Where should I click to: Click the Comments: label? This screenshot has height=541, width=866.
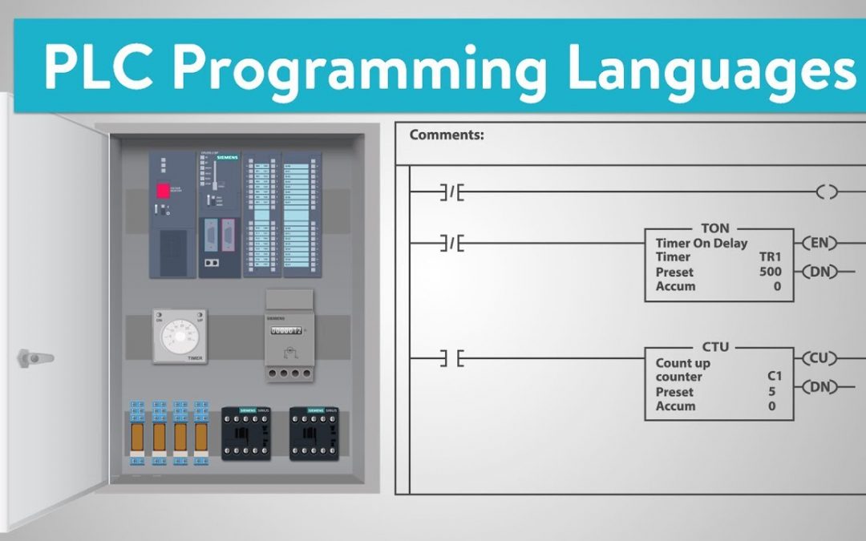click(447, 135)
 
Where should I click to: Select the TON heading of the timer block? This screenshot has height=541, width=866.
click(715, 228)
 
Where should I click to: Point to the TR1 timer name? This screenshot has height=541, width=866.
click(770, 257)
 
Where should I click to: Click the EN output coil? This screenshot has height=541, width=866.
click(818, 243)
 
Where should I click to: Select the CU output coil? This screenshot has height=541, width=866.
click(818, 357)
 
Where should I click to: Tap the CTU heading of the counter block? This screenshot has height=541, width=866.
click(715, 347)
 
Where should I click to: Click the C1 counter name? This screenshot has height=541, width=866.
click(774, 377)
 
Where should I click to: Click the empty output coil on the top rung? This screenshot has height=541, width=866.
click(827, 192)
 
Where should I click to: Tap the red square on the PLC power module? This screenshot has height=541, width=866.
click(163, 191)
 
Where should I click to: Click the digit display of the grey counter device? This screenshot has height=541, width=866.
click(285, 330)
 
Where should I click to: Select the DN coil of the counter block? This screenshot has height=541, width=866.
click(818, 388)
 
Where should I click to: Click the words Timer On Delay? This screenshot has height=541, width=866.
click(701, 243)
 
